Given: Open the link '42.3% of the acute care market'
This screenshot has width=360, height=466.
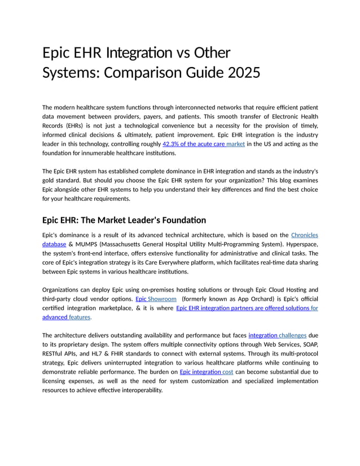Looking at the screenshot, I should coord(203,144).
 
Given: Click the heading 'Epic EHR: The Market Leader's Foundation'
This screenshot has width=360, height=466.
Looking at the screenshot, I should coord(124,220).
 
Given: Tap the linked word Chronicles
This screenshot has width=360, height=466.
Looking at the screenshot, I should coord(304,235).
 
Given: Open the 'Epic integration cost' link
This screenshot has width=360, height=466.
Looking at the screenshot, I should coord(206,372).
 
